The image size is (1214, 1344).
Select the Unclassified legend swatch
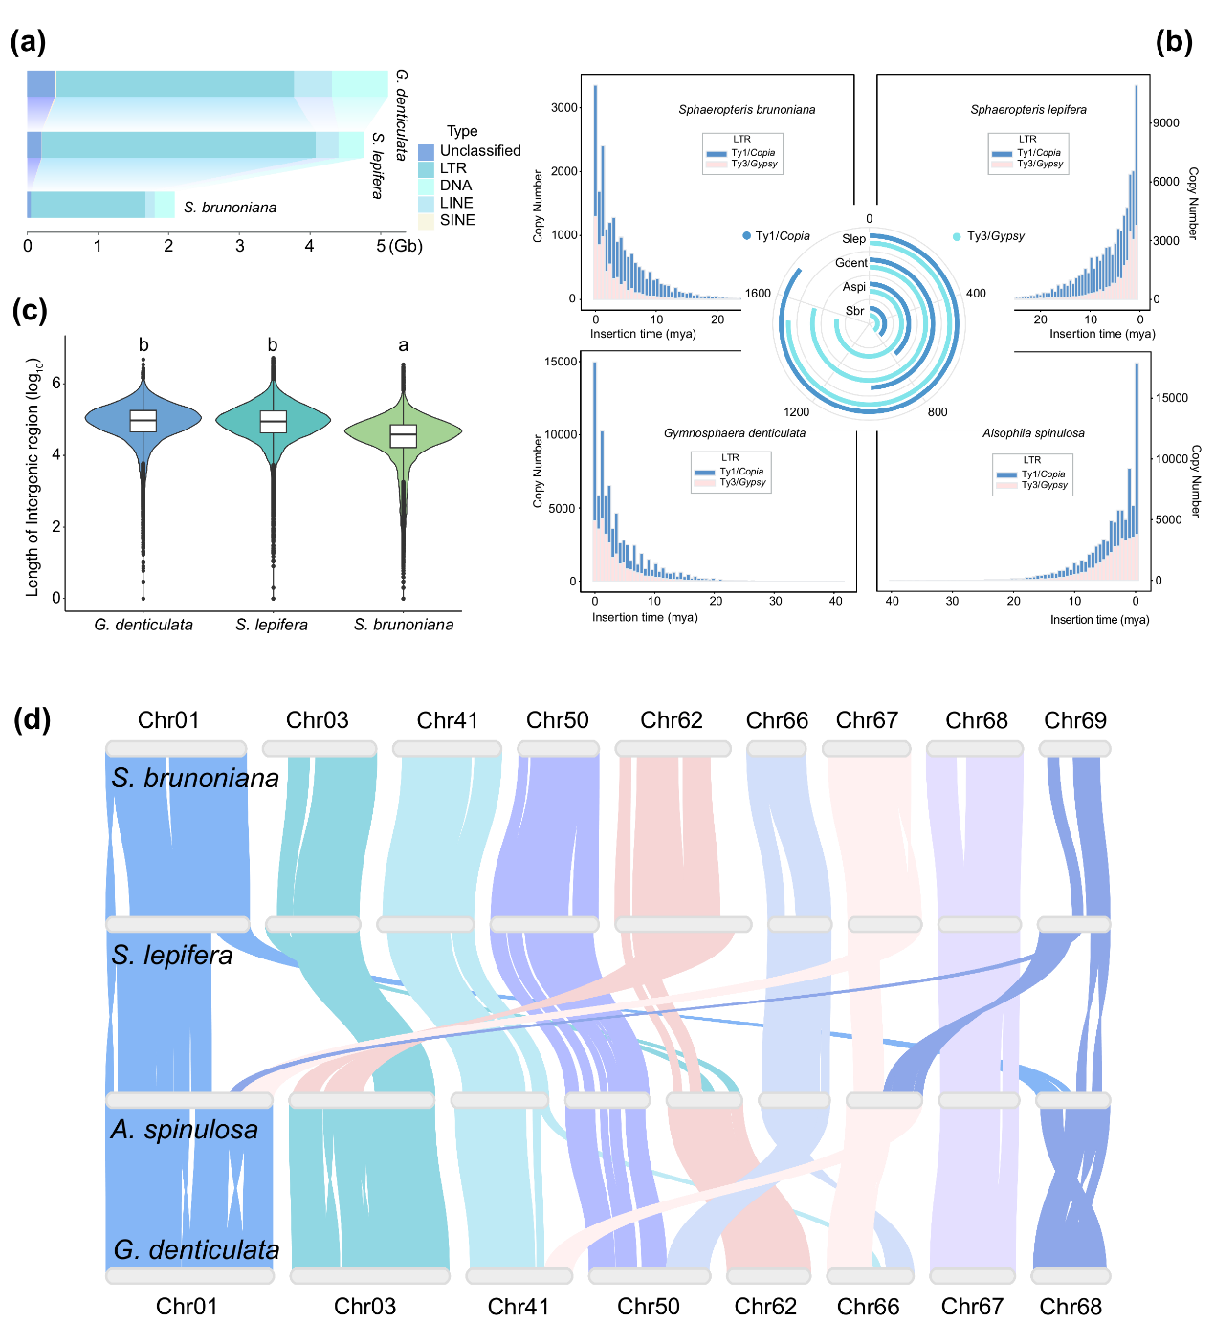426,151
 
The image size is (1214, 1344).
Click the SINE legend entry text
457,220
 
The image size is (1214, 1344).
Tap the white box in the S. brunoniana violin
404,435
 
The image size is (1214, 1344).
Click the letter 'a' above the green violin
403,345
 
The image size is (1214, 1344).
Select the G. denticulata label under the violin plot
143,625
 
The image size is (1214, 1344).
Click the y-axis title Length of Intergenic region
33,477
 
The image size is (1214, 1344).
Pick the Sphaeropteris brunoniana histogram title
747,110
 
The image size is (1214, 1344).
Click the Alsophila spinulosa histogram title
1033,433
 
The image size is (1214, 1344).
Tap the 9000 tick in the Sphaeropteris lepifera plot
1165,123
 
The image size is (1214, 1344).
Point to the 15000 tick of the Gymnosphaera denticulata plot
561,362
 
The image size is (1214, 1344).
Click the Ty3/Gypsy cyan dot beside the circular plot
957,236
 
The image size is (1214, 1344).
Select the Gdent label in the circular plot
851,263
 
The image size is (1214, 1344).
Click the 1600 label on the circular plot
758,294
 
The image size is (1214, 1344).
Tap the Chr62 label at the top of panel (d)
672,720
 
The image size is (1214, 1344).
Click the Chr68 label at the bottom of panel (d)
1071,1307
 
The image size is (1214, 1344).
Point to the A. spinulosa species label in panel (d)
185,1130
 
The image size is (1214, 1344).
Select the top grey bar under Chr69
1075,749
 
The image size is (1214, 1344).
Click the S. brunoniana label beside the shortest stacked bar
230,208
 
